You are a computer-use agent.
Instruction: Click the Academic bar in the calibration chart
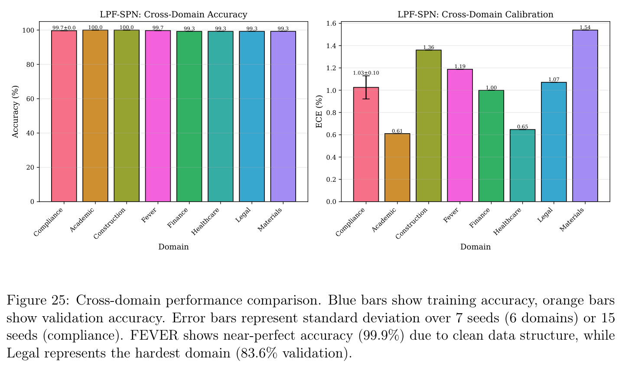[x=397, y=167]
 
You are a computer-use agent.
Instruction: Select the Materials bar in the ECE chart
[x=585, y=116]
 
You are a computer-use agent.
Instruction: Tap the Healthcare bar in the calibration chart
[x=522, y=166]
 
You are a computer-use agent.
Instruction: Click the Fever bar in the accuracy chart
[x=158, y=116]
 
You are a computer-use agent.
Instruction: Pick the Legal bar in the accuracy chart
[x=251, y=116]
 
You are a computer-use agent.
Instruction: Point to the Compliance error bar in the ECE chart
[x=366, y=87]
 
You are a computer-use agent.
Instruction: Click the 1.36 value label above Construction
[x=428, y=47]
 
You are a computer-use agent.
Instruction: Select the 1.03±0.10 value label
[x=366, y=73]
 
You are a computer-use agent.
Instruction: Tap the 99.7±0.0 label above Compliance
[x=64, y=28]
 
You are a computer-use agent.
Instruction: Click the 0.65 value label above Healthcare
[x=522, y=127]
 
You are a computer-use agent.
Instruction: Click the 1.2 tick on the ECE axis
[x=332, y=68]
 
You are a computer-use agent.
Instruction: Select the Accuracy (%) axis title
[x=15, y=111]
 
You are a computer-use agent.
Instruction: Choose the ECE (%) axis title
[x=319, y=111]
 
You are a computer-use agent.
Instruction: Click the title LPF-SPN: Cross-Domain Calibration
[x=475, y=14]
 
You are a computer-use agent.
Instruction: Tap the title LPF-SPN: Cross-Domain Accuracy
[x=173, y=14]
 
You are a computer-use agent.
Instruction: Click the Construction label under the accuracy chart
[x=110, y=223]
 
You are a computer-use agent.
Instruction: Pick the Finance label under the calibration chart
[x=479, y=218]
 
